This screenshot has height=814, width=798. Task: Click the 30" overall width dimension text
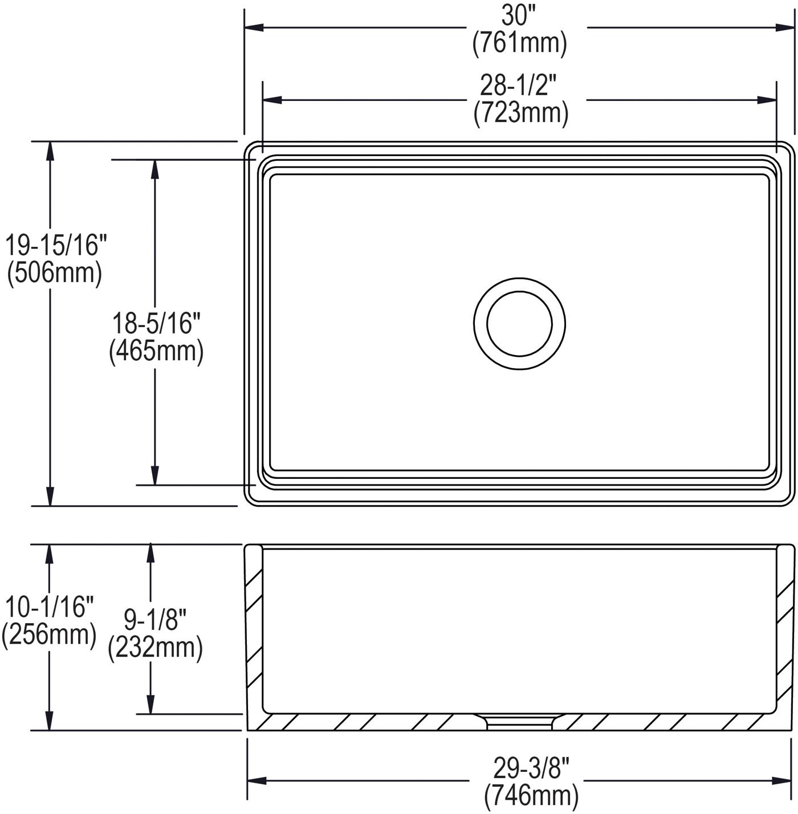click(x=518, y=17)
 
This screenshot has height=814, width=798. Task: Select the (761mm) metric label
click(x=519, y=43)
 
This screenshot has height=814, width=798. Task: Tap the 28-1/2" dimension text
click(x=519, y=86)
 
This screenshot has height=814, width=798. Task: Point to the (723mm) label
click(x=520, y=113)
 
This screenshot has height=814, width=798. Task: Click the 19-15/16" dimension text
click(x=56, y=246)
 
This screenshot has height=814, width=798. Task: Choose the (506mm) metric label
click(x=55, y=273)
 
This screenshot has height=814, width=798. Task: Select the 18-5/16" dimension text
click(x=156, y=324)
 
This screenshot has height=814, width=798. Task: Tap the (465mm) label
click(x=156, y=352)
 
